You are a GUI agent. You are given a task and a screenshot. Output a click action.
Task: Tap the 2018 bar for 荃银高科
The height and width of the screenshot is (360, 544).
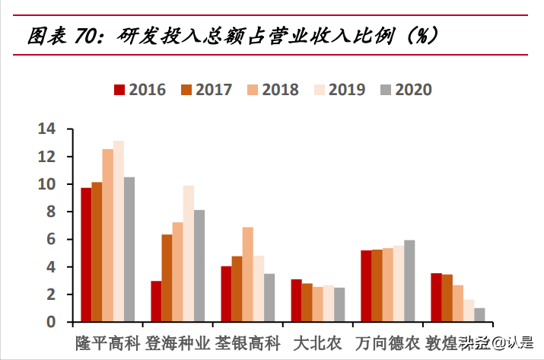(x=247, y=274)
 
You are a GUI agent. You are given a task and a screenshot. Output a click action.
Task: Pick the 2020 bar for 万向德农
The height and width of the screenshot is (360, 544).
(x=409, y=281)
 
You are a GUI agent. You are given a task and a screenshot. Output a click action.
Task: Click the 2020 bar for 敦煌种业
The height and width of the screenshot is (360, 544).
(x=479, y=314)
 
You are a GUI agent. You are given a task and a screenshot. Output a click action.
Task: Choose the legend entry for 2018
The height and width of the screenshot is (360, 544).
(x=272, y=90)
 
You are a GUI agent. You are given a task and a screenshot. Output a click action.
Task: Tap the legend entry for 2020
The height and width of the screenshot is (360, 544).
(x=406, y=90)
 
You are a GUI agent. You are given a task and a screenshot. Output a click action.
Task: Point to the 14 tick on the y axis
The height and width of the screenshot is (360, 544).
(x=47, y=129)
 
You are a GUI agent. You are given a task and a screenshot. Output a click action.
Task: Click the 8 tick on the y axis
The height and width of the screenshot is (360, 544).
(x=51, y=212)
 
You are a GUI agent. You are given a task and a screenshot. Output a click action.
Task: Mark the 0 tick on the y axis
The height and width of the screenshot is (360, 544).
(x=51, y=322)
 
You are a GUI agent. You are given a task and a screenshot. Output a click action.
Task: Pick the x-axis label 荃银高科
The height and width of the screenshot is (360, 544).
(x=248, y=342)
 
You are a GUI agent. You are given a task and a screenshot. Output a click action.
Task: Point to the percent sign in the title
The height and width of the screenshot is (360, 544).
(x=418, y=35)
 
